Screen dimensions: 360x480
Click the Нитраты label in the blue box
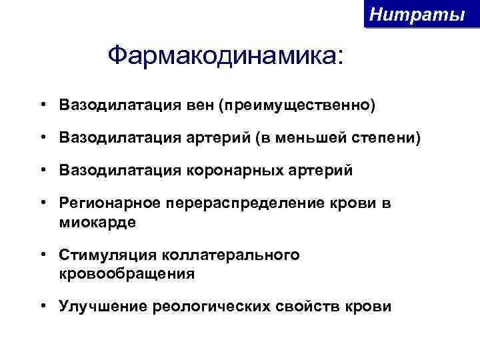[417, 14]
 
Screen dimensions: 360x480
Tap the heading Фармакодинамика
[227, 56]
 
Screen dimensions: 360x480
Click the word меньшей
[307, 138]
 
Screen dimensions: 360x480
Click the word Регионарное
[106, 204]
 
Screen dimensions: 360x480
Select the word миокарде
[97, 222]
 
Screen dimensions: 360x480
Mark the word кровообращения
[127, 273]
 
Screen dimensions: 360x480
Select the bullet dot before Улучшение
[42, 307]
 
